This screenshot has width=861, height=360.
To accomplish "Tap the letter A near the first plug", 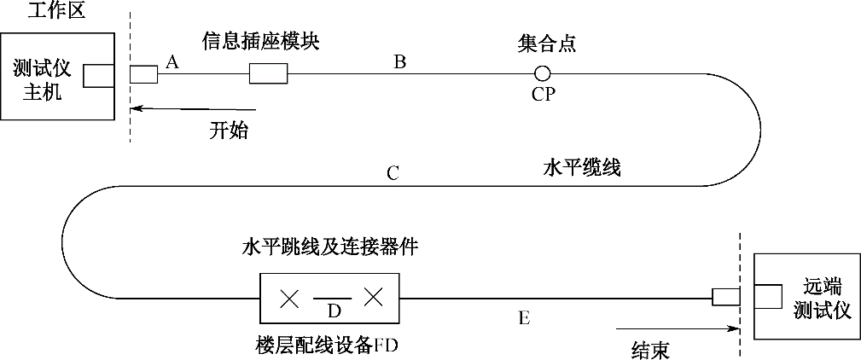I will pos(172,61).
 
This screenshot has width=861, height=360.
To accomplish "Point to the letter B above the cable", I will pos(399,61).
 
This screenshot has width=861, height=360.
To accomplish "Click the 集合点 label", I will pos(546,43).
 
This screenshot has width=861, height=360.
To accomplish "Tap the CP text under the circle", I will pos(544,94).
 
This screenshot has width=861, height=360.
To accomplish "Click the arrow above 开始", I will pos(189,108).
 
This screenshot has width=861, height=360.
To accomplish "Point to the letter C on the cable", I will pos(393,173).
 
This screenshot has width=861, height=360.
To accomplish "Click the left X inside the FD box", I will pos(290,299).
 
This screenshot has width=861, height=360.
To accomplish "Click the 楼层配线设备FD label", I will pos(328,345).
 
